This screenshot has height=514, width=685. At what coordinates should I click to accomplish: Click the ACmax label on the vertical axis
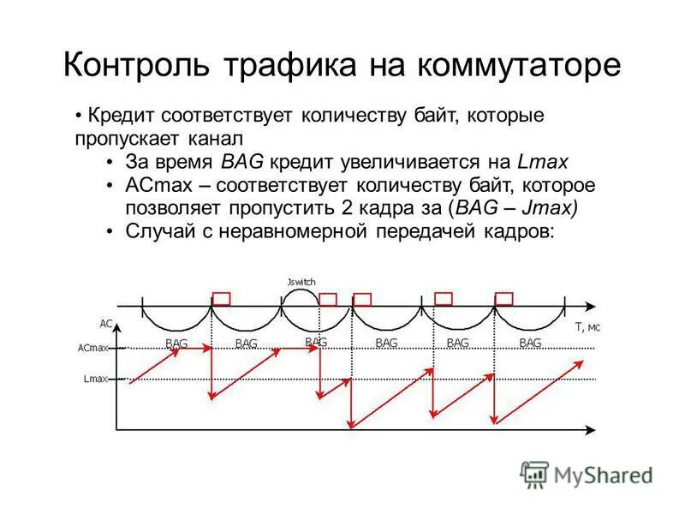pos(92,349)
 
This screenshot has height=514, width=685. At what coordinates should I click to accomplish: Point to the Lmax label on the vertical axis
pos(95,379)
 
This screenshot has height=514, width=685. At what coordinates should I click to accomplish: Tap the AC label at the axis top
pos(106,324)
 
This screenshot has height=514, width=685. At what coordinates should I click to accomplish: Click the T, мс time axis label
pos(587,326)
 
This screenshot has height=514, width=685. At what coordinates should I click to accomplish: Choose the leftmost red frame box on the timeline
pos(222,298)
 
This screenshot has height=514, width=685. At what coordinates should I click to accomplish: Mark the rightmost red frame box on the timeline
pos(504,298)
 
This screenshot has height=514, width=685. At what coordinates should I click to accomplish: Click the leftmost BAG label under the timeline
pos(176,343)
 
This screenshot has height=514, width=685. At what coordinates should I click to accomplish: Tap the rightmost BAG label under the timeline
pos(530,343)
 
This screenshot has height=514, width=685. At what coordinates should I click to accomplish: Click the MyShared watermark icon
pos(534,474)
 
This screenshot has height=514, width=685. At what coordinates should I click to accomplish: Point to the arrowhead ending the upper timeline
pos(593,304)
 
